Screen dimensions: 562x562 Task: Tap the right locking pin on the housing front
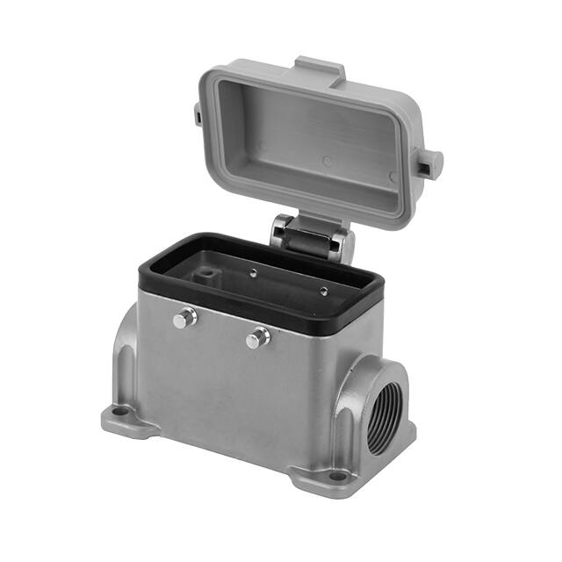[x=257, y=337]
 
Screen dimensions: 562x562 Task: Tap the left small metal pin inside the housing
[x=253, y=272]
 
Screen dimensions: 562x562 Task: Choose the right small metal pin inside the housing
[x=323, y=290]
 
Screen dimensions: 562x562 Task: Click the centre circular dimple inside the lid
[x=327, y=162]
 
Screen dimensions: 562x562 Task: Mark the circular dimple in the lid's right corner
[x=392, y=177]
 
